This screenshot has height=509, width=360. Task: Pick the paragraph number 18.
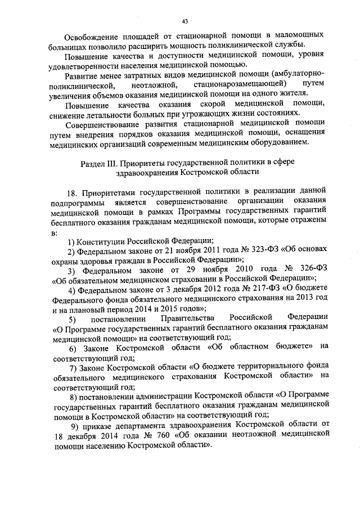tap(71, 192)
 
